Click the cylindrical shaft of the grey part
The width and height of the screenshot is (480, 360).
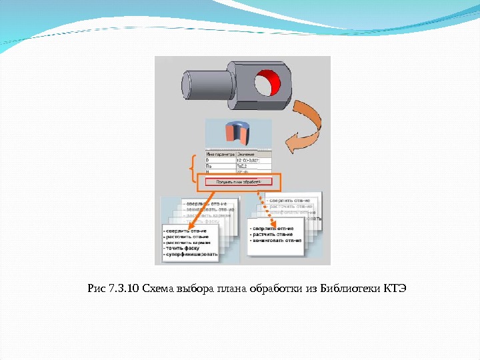point(204,83)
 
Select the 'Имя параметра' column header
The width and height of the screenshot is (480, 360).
point(220,154)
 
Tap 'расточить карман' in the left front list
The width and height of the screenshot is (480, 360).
point(187,242)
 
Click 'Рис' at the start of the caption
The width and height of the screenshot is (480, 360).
point(96,289)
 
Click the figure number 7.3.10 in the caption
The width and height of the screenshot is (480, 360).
point(123,289)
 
